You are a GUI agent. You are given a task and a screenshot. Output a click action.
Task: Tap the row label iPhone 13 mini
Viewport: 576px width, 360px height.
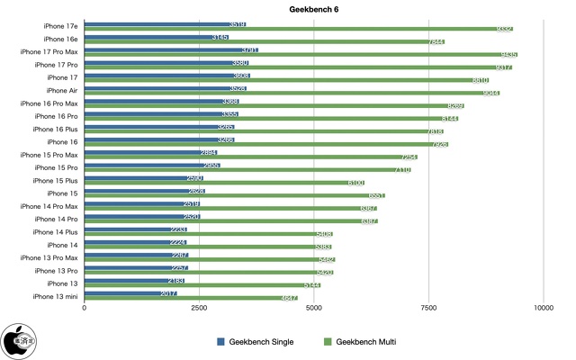pos(55,295)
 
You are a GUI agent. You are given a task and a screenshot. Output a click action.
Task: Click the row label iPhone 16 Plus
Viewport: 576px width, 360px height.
pos(55,129)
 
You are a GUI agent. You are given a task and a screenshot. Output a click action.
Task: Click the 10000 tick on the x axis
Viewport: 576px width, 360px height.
pos(543,308)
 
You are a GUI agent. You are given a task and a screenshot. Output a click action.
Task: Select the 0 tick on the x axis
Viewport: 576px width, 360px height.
pos(85,308)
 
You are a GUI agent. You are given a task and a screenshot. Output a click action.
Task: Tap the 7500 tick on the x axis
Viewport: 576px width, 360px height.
pos(428,308)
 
